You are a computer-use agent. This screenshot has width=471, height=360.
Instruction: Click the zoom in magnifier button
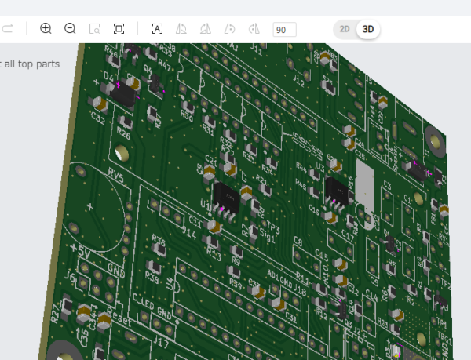(46, 29)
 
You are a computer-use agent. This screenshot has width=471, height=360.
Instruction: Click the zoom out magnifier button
(70, 29)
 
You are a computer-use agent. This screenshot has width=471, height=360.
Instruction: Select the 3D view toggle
(368, 29)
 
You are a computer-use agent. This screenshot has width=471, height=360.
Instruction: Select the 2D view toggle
(345, 29)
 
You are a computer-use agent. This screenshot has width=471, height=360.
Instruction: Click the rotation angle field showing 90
(284, 29)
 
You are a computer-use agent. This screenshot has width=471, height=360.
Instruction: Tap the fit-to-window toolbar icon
(119, 29)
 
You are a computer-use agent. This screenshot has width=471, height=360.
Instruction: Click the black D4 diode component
(122, 92)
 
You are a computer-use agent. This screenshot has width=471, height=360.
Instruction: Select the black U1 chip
(226, 196)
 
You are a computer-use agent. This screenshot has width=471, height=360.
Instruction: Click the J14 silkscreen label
(188, 233)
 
